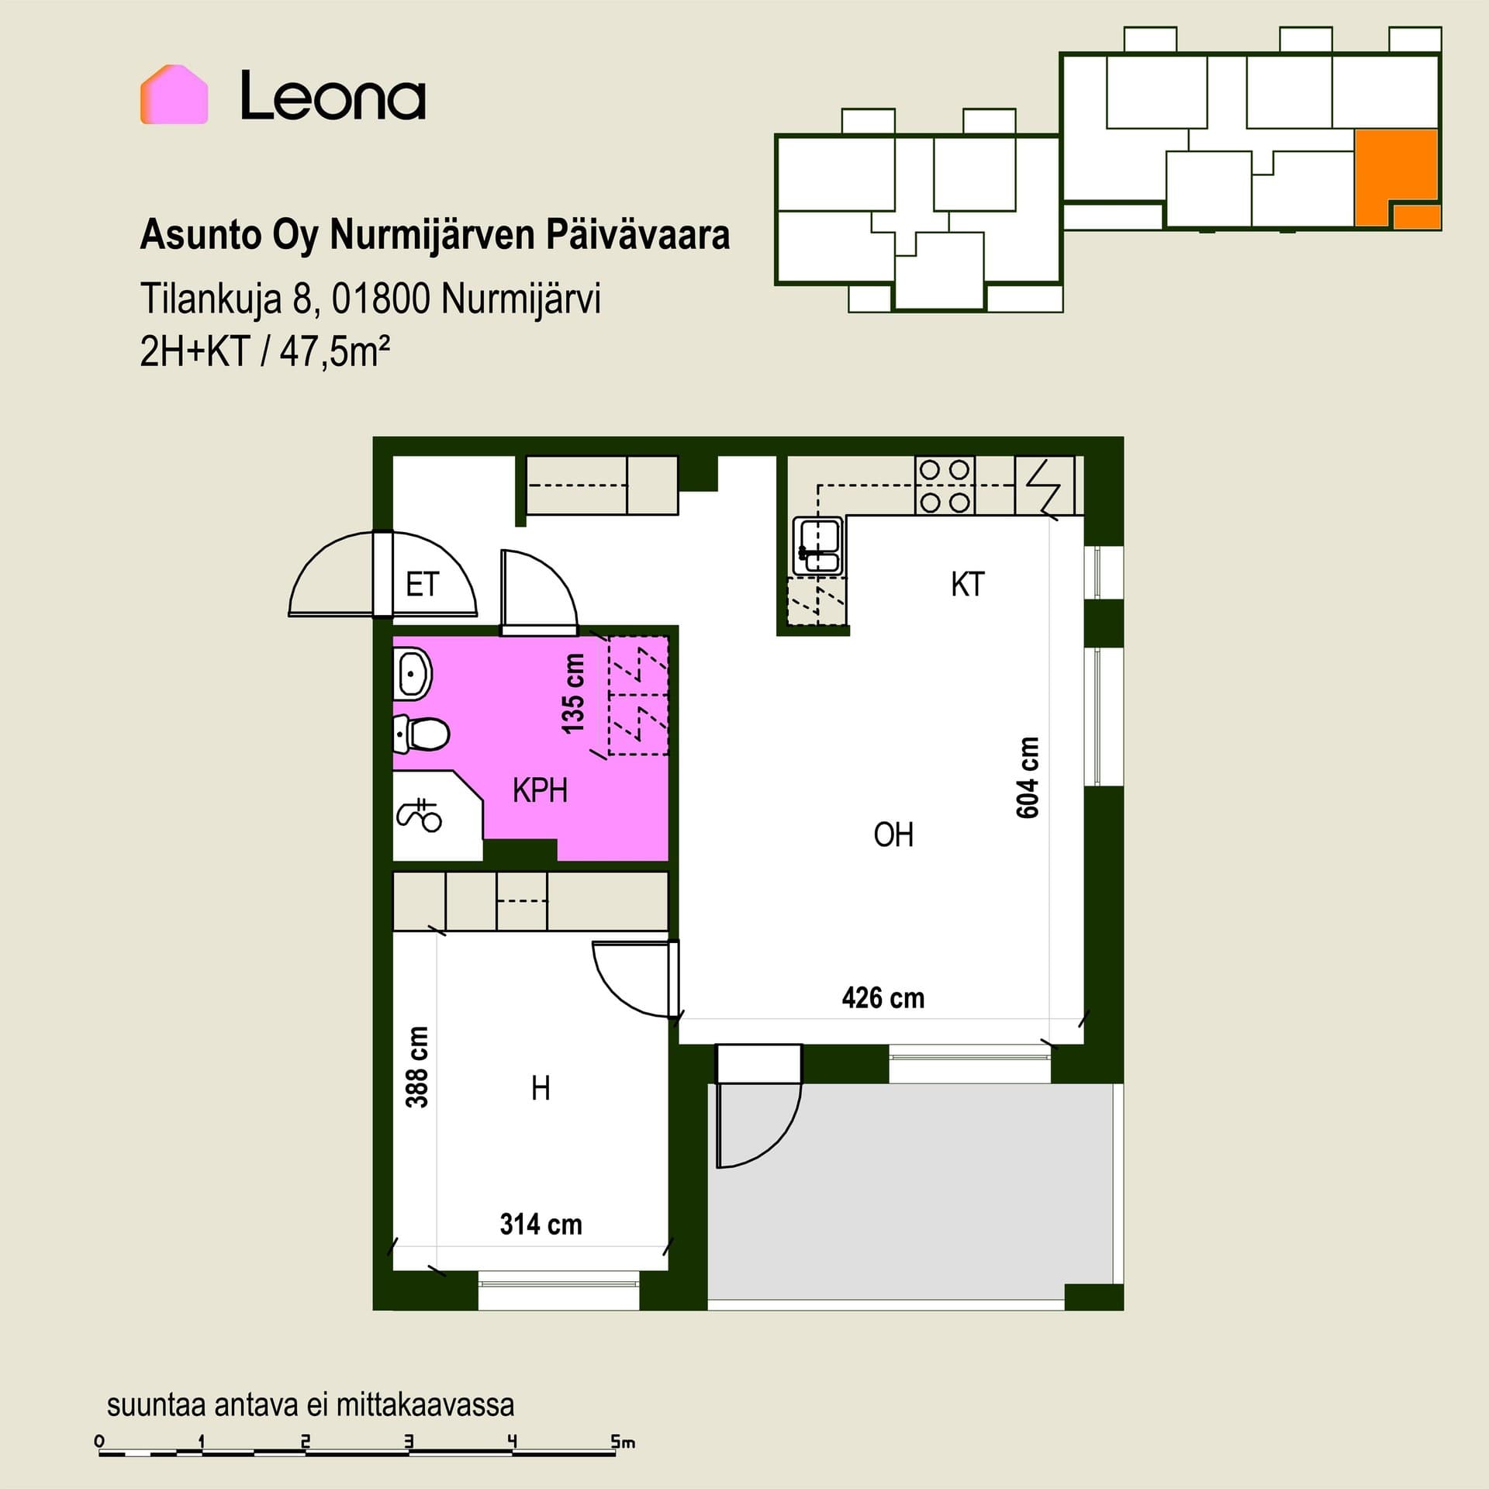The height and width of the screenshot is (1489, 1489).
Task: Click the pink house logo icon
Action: click(174, 94)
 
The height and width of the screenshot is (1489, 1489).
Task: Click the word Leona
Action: click(333, 95)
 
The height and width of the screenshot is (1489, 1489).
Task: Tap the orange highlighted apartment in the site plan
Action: click(1396, 178)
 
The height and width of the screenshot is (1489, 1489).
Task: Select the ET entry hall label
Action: click(422, 584)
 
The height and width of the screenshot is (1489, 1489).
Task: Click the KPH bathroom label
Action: click(540, 790)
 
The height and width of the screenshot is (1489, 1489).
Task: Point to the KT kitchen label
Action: click(967, 584)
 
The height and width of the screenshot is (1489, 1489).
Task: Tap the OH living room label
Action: click(893, 834)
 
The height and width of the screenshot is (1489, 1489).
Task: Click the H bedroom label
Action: click(541, 1089)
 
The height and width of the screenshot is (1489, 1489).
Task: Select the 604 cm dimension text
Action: click(1028, 777)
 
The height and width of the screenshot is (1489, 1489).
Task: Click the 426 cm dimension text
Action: click(883, 997)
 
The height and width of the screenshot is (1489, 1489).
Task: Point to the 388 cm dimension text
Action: click(417, 1067)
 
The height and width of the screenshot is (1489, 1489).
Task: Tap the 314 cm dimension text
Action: click(541, 1224)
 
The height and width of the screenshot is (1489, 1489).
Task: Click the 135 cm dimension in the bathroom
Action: click(573, 693)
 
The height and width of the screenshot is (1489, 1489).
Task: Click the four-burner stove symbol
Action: click(945, 485)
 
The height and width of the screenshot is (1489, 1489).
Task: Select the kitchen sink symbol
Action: click(817, 546)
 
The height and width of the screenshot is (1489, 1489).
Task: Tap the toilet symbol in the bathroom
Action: click(421, 734)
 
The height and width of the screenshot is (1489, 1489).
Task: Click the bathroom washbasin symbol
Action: click(412, 673)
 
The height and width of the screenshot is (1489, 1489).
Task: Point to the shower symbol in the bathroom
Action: click(420, 814)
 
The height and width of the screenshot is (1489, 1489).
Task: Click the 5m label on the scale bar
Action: click(622, 1442)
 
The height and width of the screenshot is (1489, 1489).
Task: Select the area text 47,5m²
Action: click(334, 352)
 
